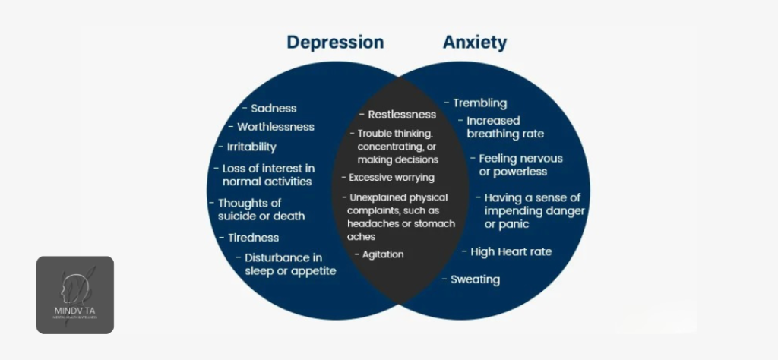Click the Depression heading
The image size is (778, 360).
335,43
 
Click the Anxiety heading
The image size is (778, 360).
475,43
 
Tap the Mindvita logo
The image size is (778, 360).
74,295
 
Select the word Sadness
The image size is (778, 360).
274,109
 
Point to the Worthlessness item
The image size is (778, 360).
275,127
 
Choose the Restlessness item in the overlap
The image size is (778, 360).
402,115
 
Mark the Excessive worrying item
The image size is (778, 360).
391,178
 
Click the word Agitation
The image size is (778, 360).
383,254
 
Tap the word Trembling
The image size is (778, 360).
479,103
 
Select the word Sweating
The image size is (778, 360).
475,279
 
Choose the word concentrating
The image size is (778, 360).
388,147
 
